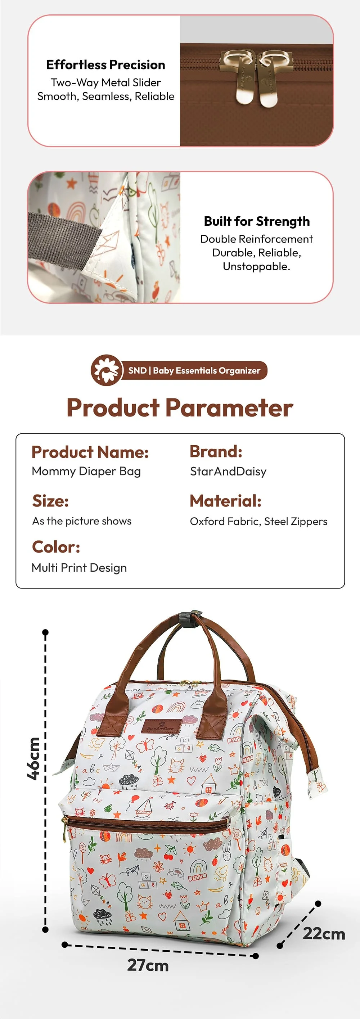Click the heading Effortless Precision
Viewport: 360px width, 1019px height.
(x=105, y=64)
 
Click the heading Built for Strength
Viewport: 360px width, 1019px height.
(x=256, y=221)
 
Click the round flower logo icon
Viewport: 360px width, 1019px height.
(x=107, y=370)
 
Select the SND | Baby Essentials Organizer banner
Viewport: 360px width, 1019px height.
(x=194, y=371)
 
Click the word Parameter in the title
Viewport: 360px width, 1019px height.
(x=229, y=407)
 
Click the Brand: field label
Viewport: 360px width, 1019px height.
(x=216, y=451)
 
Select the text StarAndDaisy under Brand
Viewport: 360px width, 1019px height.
(x=228, y=471)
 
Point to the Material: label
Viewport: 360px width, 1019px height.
(x=225, y=501)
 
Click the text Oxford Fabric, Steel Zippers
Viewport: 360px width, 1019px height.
(x=258, y=521)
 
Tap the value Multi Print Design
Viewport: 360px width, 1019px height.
(x=79, y=568)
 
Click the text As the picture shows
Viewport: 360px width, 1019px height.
(x=81, y=521)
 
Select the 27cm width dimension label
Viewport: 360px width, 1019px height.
(x=148, y=965)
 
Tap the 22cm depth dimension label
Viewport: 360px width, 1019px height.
(x=324, y=934)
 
